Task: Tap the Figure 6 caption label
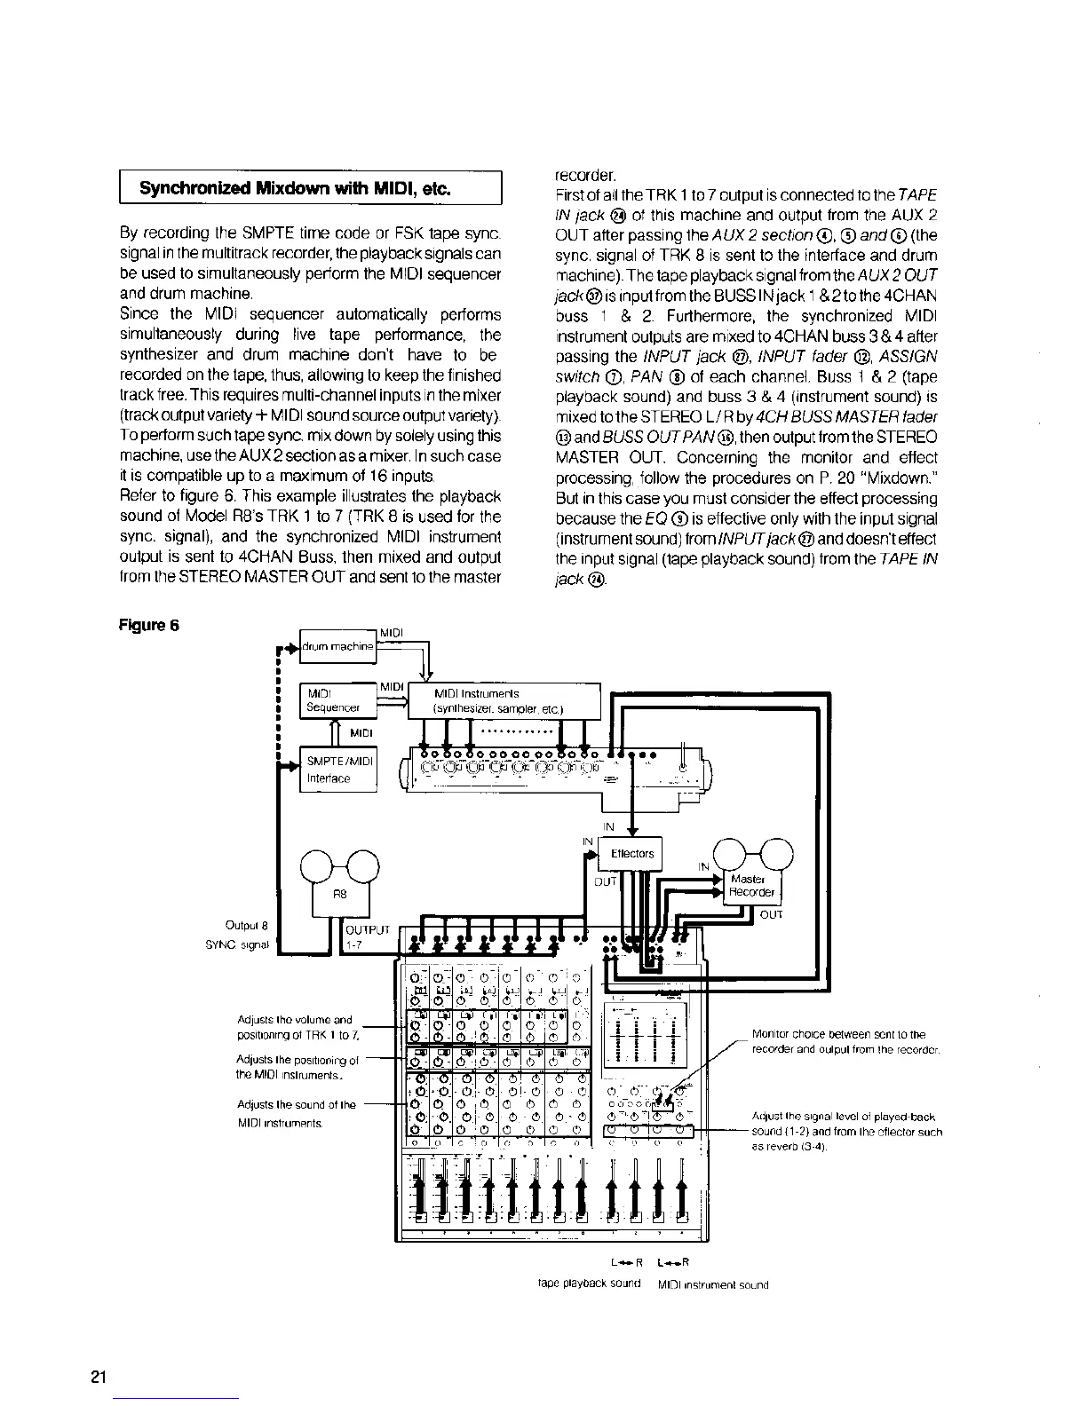pos(148,624)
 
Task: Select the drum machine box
pos(338,646)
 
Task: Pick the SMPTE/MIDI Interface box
pos(338,769)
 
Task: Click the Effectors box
pos(632,854)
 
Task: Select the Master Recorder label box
pos(751,885)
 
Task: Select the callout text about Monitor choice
pos(845,1041)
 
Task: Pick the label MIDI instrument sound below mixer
pos(712,1284)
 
